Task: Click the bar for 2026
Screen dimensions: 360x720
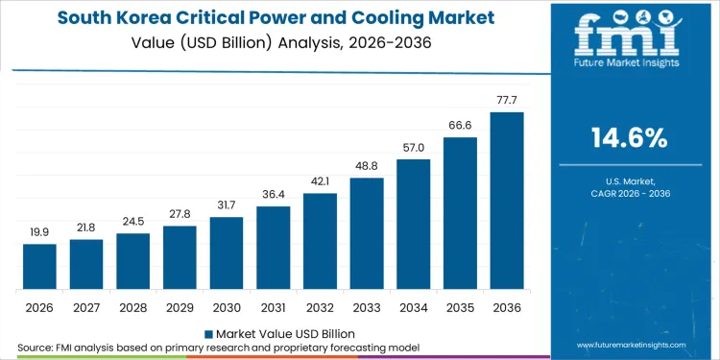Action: click(39, 267)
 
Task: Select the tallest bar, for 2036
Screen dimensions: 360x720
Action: click(507, 201)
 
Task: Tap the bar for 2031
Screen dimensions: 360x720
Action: click(273, 248)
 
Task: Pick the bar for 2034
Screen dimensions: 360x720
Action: click(413, 225)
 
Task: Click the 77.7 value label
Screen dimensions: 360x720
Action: click(507, 101)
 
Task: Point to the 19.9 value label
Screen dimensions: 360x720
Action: click(39, 232)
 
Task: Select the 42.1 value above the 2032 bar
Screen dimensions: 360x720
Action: click(320, 181)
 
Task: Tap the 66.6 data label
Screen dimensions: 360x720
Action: click(460, 125)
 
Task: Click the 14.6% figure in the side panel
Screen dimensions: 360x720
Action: click(630, 138)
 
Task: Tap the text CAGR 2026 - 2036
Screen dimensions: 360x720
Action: click(630, 194)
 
